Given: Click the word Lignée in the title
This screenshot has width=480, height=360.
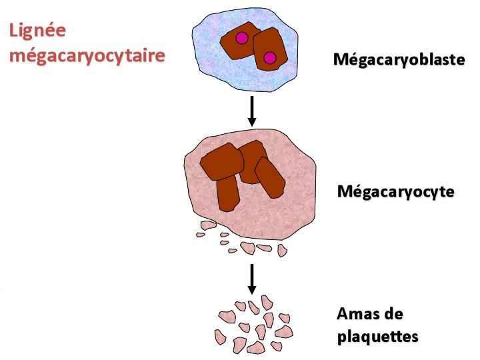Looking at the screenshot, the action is (37, 31).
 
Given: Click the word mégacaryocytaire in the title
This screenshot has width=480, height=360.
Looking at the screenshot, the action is (87, 55).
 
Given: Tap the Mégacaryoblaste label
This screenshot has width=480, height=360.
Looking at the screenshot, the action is (399, 60).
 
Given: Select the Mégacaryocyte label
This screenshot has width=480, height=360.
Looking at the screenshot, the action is (395, 192).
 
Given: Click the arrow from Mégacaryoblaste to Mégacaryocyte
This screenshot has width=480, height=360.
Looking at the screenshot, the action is (251, 111).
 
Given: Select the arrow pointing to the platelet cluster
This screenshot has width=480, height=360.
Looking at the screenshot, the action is (251, 279).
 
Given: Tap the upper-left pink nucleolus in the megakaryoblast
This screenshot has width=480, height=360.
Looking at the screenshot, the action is (242, 38).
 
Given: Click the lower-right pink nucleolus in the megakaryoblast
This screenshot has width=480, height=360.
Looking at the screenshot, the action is (270, 58).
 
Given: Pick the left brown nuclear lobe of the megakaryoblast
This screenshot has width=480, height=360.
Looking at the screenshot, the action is (237, 41).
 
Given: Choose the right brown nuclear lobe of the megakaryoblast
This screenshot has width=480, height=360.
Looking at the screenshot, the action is (270, 49).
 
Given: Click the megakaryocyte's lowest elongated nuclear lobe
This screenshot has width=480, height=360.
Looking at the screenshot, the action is (228, 193).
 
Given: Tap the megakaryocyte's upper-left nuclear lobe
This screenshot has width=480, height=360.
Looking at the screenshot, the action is (221, 161).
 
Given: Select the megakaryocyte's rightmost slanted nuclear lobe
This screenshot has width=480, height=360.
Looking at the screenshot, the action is (270, 177).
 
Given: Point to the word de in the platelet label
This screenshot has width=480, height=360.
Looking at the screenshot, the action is (393, 314).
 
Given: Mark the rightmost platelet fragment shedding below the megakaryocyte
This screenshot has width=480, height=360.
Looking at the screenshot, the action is (282, 251).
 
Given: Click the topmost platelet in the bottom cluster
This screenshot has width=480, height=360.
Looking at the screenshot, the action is (267, 303).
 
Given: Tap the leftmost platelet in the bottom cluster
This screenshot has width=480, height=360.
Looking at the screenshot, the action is (220, 337).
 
